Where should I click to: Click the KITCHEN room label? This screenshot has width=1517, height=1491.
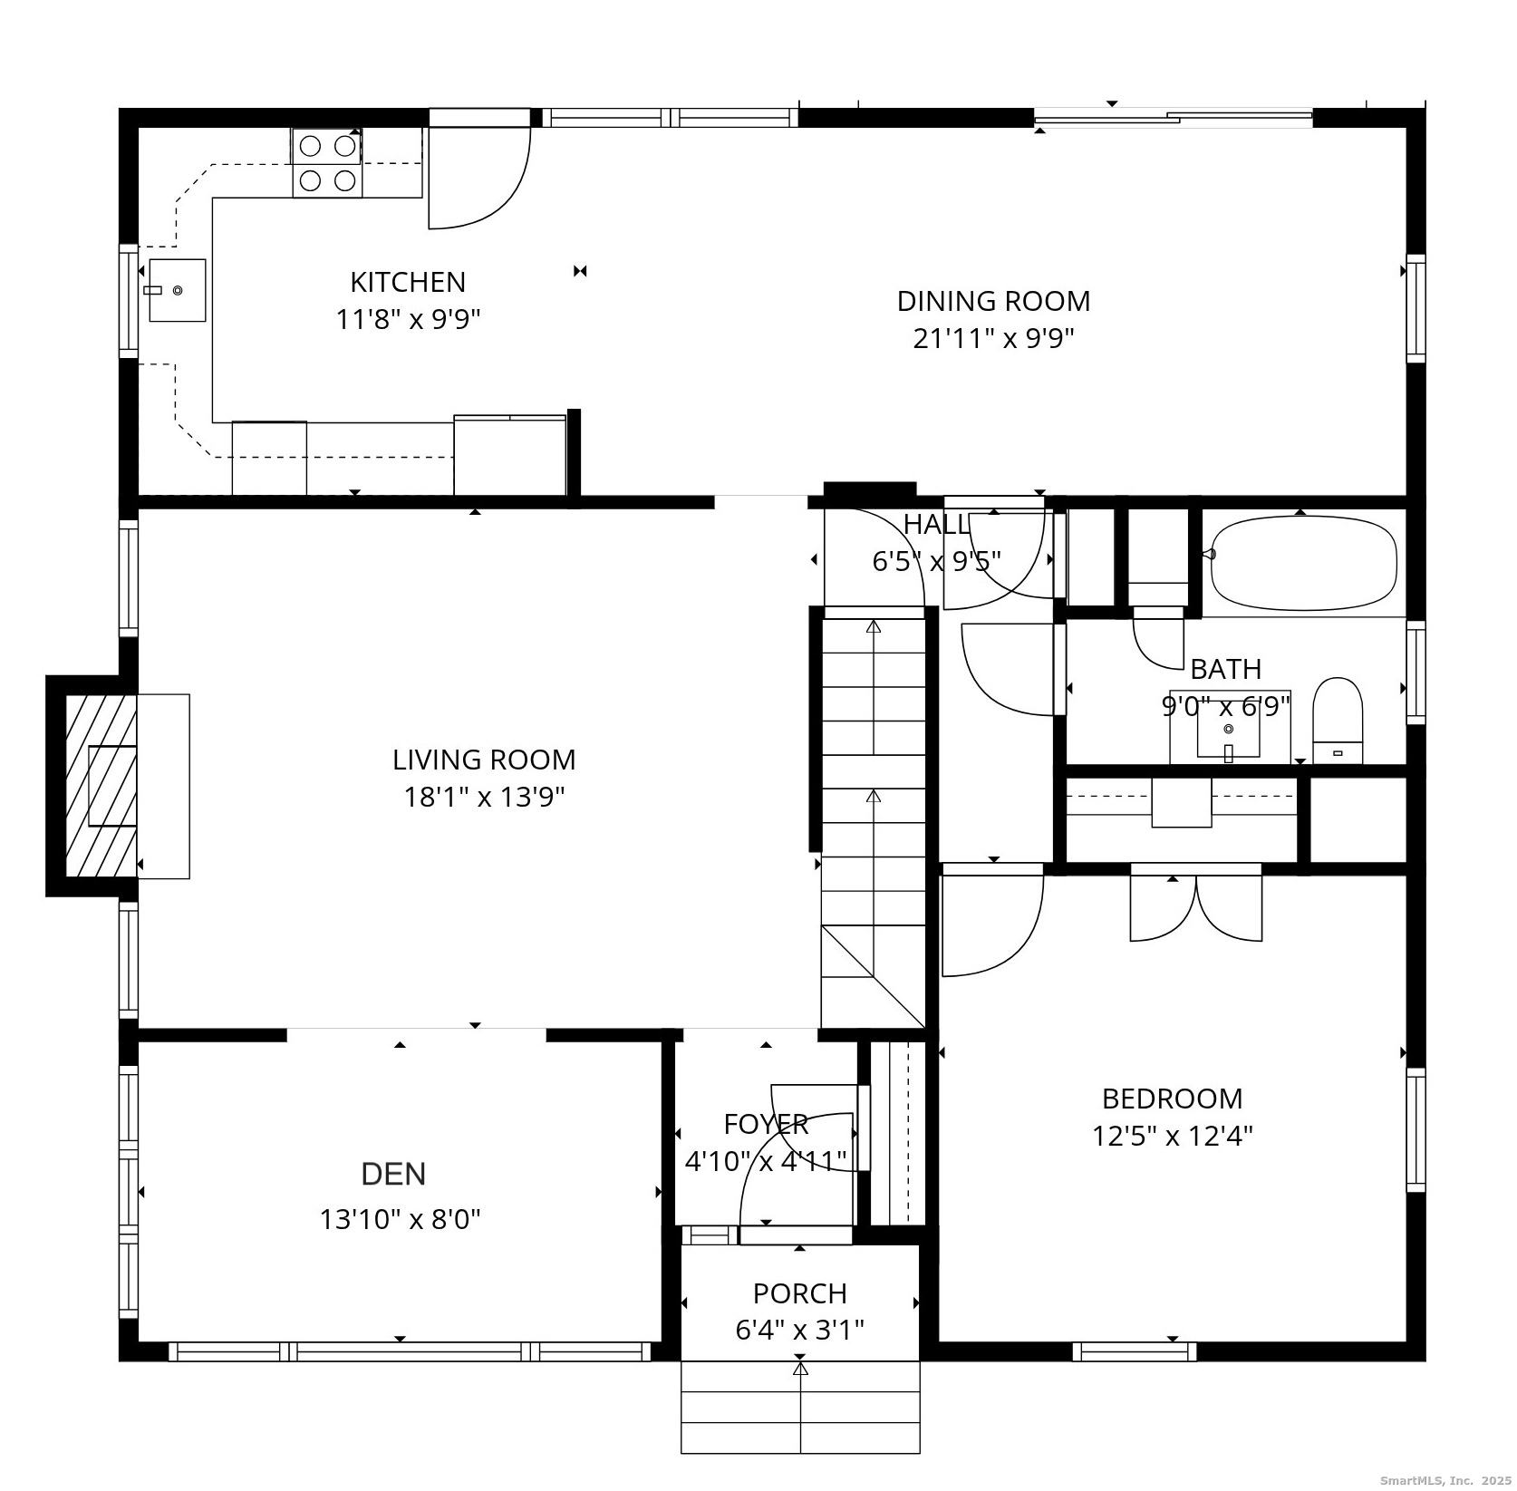coord(408,282)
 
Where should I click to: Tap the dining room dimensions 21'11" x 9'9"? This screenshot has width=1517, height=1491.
coord(993,339)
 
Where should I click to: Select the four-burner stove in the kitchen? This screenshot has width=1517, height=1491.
coord(327,163)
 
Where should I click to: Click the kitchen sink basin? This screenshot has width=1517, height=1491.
coord(178,290)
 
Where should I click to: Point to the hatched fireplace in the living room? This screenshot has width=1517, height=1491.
coord(100,785)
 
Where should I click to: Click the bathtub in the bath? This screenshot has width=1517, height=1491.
coord(1303,563)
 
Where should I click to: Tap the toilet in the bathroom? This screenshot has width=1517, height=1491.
coord(1338,721)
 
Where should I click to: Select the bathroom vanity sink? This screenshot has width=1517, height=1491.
coord(1229,729)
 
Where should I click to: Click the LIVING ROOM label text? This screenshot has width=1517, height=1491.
coord(483,760)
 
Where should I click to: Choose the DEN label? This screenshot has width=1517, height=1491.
coord(393,1175)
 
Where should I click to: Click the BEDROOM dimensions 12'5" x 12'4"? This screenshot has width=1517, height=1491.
coord(1172,1137)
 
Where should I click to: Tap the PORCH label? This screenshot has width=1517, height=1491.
coord(799,1293)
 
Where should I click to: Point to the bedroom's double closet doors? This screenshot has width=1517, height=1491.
coord(1196,906)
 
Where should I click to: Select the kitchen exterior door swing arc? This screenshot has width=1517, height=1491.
coord(480,181)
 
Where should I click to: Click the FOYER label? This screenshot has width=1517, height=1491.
coord(766,1124)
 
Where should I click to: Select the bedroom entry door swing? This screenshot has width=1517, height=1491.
coord(992,920)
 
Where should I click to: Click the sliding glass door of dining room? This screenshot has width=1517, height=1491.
coord(1173,117)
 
